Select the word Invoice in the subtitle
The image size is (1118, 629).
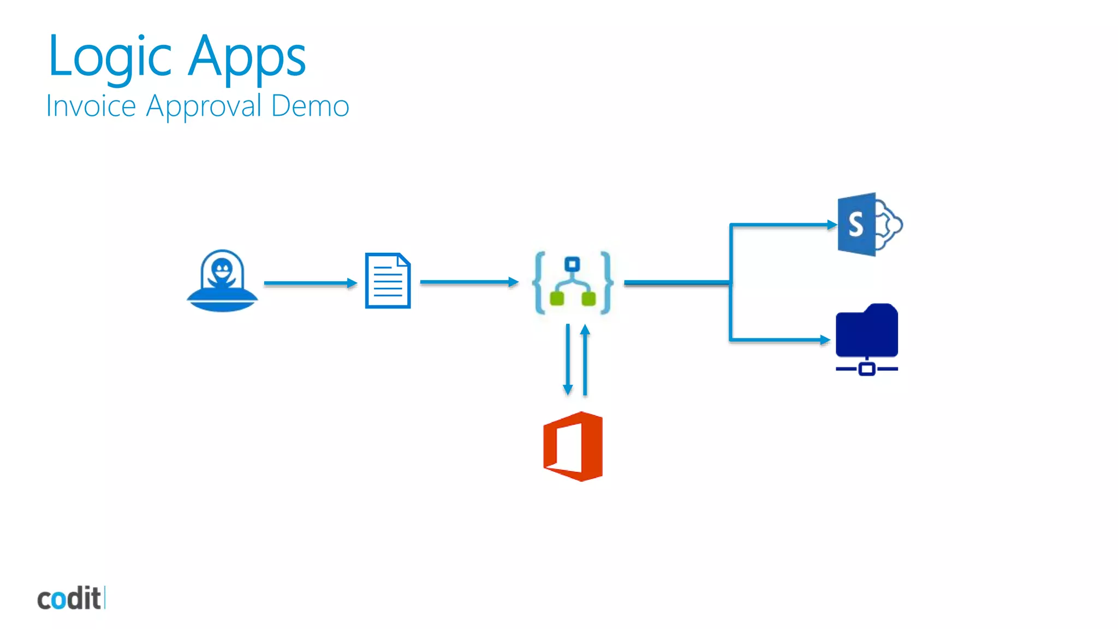[91, 106]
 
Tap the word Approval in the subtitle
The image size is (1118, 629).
[204, 106]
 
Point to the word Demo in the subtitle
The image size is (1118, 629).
[310, 106]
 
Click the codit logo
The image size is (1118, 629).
[70, 598]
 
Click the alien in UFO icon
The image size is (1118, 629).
[222, 281]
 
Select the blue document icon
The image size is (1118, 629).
[388, 281]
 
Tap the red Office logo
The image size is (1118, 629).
[573, 447]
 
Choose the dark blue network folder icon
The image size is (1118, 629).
[866, 337]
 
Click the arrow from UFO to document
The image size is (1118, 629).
[310, 283]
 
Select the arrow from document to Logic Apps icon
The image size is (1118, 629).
[468, 282]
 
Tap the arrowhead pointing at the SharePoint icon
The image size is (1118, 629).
[831, 224]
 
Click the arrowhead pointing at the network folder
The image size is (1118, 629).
[825, 340]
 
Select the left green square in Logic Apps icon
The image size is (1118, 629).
[557, 299]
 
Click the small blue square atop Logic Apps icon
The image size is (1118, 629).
[572, 264]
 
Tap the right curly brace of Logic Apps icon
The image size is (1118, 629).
[605, 282]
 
